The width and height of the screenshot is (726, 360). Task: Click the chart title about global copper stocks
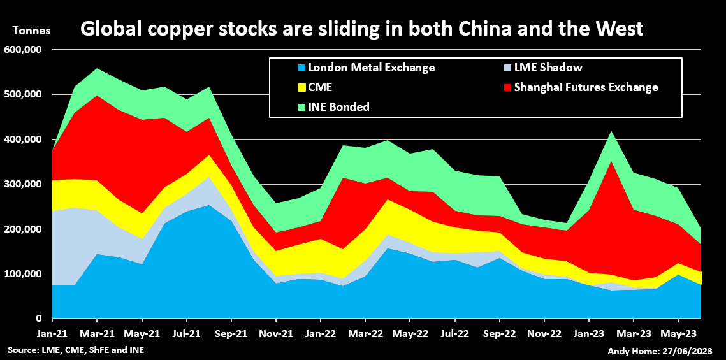(x=361, y=29)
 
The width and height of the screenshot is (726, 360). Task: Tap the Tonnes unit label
(x=31, y=31)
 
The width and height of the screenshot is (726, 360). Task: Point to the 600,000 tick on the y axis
(x=23, y=50)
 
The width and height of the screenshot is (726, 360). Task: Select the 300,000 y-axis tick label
(x=23, y=184)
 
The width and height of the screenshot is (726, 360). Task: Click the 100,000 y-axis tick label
(x=23, y=274)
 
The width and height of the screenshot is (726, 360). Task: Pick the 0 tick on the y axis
(x=39, y=319)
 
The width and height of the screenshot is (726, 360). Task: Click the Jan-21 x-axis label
(x=52, y=333)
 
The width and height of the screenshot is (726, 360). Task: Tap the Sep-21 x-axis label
(x=231, y=333)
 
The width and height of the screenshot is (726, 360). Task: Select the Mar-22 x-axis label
(x=365, y=333)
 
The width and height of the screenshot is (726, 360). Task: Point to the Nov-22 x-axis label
(x=544, y=333)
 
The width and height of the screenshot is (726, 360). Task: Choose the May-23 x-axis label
(x=678, y=333)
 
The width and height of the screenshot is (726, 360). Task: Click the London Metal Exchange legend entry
(x=366, y=68)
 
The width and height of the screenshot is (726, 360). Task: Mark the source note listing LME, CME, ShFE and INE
(x=76, y=350)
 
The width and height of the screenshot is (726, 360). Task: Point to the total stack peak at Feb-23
(x=611, y=131)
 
